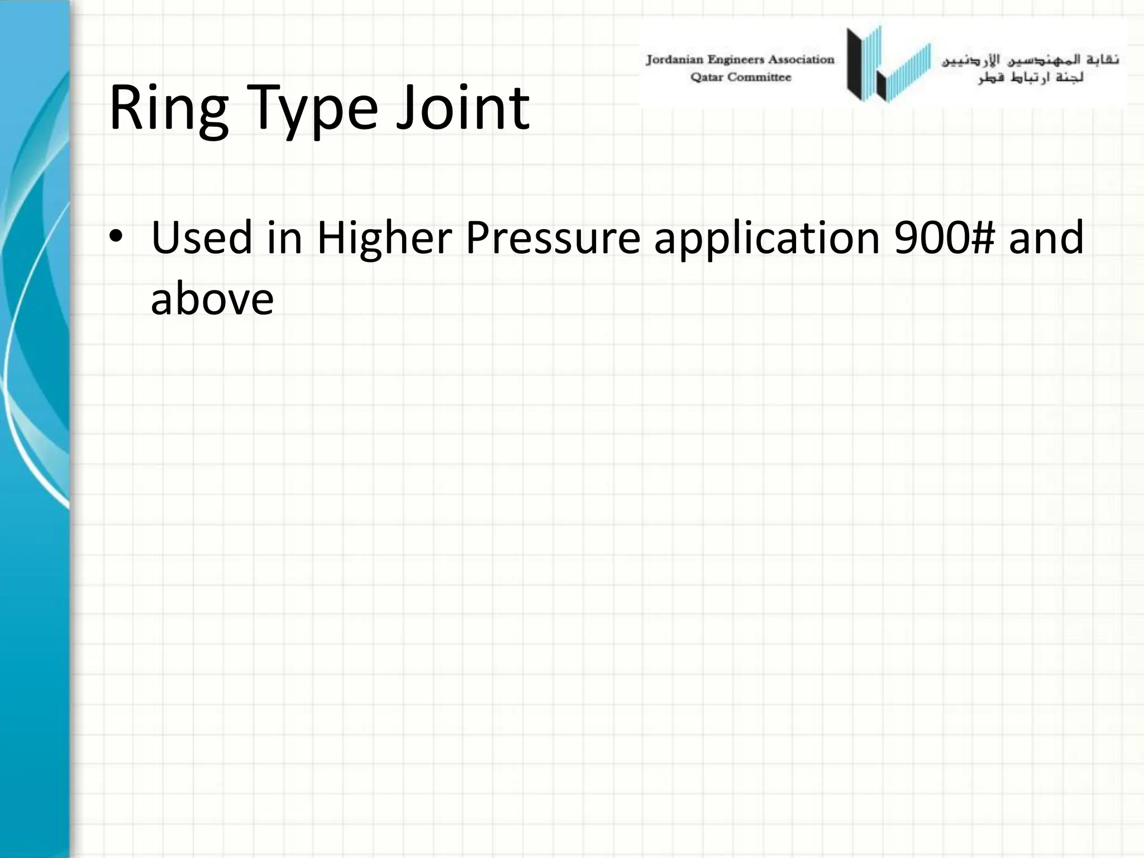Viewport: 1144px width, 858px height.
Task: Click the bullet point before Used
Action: coord(116,237)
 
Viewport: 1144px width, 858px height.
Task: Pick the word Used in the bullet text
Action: coord(202,237)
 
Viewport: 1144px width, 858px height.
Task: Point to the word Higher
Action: coord(384,237)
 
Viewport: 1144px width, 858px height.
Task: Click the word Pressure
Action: coord(553,237)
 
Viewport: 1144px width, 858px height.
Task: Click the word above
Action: coord(212,299)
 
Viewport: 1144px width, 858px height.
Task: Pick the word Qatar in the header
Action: coord(707,78)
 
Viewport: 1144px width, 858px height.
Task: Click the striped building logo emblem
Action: coord(888,64)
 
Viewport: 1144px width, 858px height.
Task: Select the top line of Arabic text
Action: coord(1030,60)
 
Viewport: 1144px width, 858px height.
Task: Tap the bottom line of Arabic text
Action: coord(1031,78)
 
